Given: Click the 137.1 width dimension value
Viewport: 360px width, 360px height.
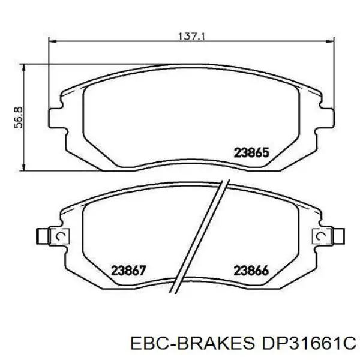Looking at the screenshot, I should (191, 36).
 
